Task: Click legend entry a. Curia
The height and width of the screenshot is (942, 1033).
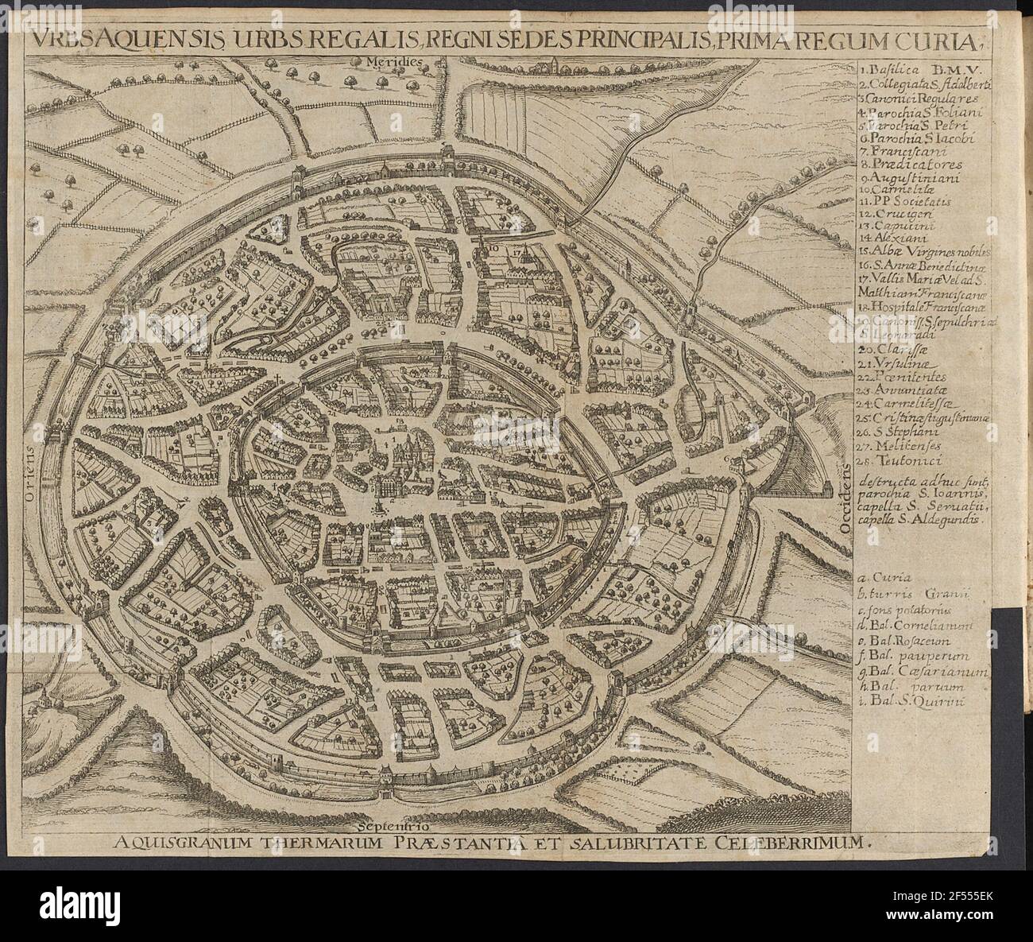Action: [882, 579]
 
